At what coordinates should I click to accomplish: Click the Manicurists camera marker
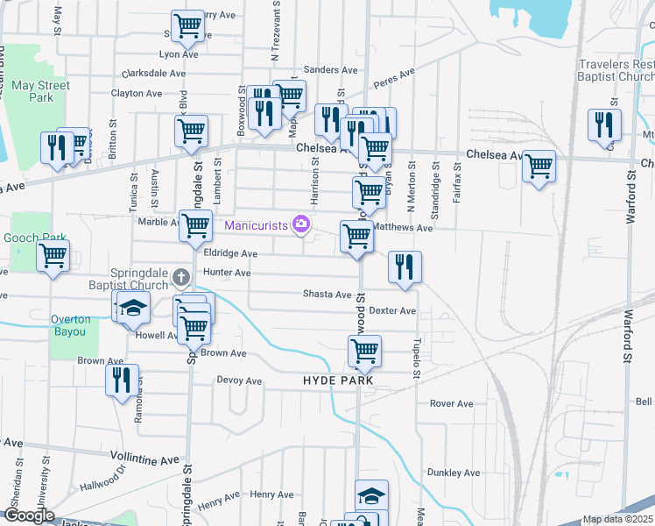pyautogui.click(x=301, y=225)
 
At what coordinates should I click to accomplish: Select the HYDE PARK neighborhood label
pyautogui.click(x=338, y=380)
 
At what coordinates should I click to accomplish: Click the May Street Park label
pyautogui.click(x=40, y=91)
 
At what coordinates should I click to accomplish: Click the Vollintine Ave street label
pyautogui.click(x=145, y=457)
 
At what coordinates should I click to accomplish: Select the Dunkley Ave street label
pyautogui.click(x=454, y=473)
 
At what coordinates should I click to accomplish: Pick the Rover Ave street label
pyautogui.click(x=451, y=404)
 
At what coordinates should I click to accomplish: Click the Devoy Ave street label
pyautogui.click(x=239, y=381)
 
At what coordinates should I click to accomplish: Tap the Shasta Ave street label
pyautogui.click(x=327, y=295)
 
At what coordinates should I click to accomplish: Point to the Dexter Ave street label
pyautogui.click(x=391, y=310)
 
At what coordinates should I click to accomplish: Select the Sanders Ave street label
pyautogui.click(x=331, y=70)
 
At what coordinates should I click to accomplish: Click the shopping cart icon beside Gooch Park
pyautogui.click(x=53, y=256)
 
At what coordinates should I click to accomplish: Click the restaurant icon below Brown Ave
pyautogui.click(x=122, y=380)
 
